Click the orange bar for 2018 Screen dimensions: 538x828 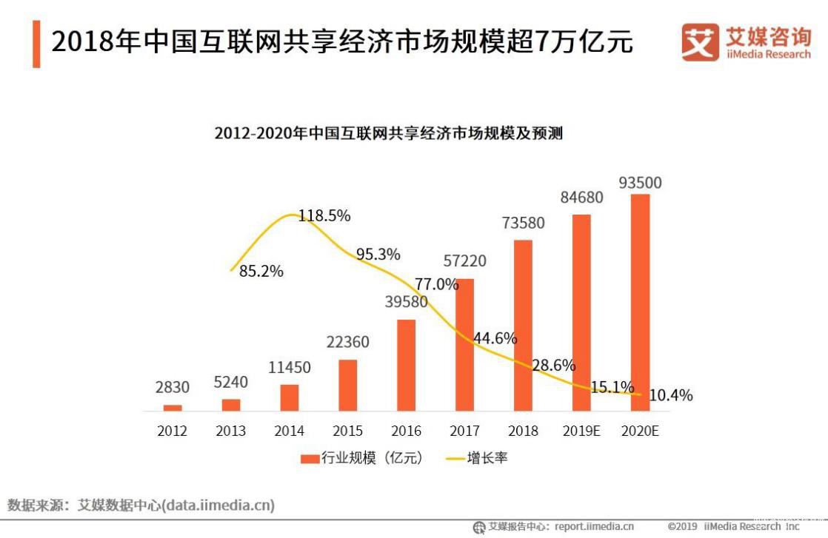[x=523, y=325]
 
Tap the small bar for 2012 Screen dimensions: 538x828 [x=173, y=408]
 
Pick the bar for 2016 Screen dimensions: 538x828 [x=407, y=365]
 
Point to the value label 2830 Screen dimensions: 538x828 [x=173, y=387]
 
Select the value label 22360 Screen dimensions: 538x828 [x=348, y=343]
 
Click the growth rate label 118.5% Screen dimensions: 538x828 [x=324, y=216]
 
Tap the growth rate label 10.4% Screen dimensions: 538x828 [x=670, y=396]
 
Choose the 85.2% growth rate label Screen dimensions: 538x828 [x=261, y=272]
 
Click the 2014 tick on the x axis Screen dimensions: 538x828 [x=289, y=431]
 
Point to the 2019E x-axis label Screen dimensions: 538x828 [x=581, y=431]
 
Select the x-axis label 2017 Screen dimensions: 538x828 [x=464, y=431]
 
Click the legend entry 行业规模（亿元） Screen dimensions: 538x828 [x=362, y=458]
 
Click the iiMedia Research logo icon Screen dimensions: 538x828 [x=700, y=44]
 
